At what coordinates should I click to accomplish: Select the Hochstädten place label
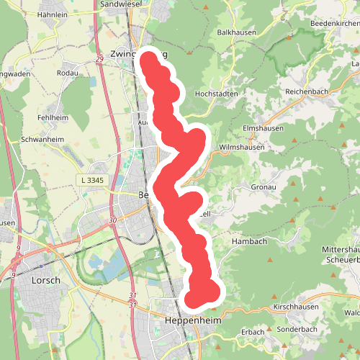coord(217,94)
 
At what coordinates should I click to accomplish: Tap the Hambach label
coord(249,243)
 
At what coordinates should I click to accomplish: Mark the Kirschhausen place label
coord(297,307)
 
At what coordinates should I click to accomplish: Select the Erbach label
coord(253,331)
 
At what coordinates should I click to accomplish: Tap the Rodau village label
coord(67,72)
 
